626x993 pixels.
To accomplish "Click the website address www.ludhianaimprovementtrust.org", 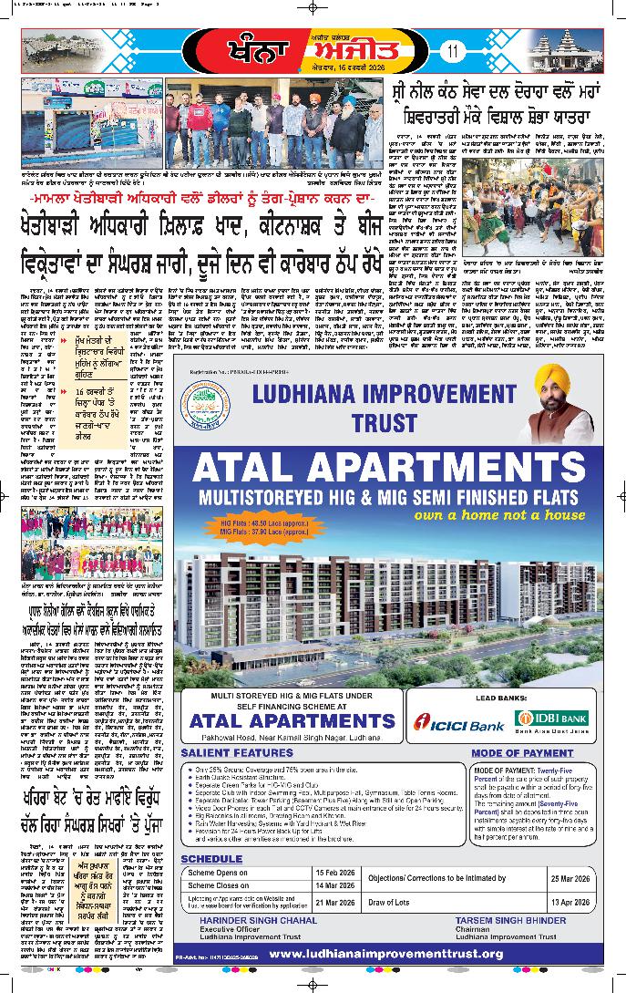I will click(386, 954).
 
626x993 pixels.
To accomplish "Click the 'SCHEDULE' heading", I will click(211, 859).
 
